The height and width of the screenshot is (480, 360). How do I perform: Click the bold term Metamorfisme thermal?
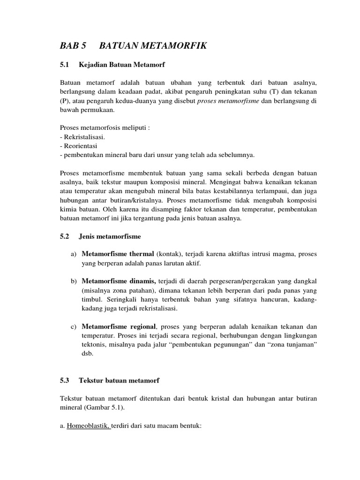(118, 254)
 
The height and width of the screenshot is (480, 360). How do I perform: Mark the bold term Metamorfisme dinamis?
(119, 281)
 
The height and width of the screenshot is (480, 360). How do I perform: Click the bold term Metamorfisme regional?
(120, 326)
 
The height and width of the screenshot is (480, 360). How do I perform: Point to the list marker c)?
(73, 326)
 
